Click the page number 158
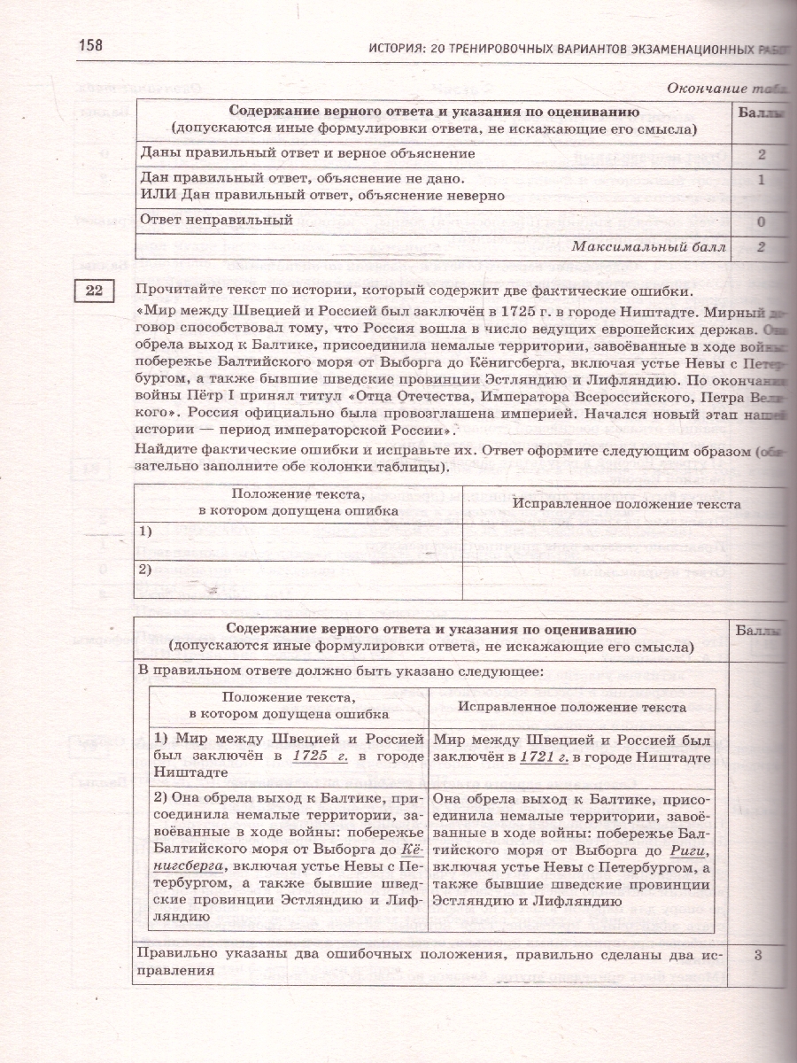91,45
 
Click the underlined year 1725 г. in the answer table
317,755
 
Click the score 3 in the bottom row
758,956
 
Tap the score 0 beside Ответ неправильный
761,222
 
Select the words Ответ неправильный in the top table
217,220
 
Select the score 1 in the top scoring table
761,180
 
